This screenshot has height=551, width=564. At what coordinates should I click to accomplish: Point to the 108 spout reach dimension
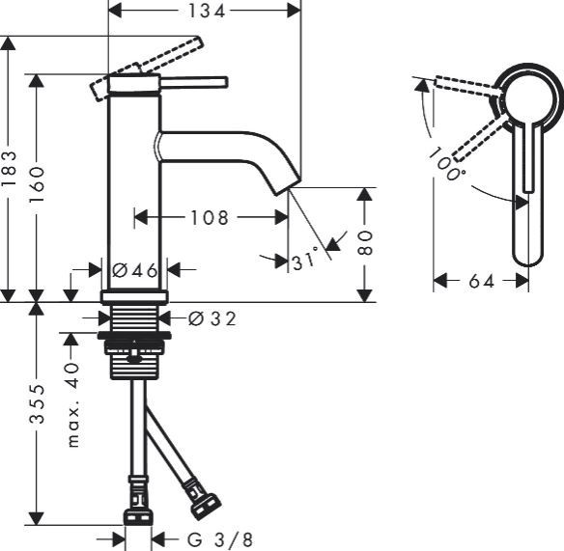tap(210, 217)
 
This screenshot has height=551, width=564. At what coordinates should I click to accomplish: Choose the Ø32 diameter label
tap(211, 318)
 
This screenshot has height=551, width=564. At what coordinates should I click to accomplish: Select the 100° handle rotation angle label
tap(447, 164)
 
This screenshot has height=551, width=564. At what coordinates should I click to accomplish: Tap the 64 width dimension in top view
tap(480, 281)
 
